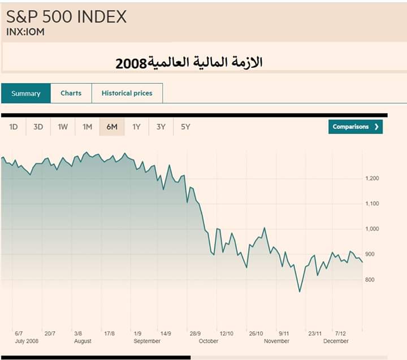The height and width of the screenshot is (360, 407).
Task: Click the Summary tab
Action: click(26, 93)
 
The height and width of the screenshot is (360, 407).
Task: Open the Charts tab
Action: click(71, 93)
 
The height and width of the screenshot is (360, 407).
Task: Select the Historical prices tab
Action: click(127, 93)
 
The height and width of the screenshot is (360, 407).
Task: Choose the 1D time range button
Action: click(14, 127)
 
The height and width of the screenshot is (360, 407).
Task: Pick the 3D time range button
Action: click(38, 127)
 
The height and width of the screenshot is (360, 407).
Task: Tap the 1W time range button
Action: click(63, 127)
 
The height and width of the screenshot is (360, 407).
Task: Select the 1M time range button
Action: click(87, 127)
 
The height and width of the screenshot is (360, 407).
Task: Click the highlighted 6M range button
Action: click(112, 127)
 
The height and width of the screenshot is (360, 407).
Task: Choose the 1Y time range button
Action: click(136, 127)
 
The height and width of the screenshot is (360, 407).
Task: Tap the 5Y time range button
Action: click(185, 127)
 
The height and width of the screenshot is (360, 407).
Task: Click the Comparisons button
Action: click(355, 127)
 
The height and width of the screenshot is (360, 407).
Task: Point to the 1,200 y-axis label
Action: click(373, 178)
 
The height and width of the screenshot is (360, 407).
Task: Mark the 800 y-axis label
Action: click(370, 280)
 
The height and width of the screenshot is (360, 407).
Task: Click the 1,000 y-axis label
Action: click(373, 229)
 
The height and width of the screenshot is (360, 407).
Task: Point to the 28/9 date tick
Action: click(196, 333)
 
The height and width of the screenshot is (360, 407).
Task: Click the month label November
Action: click(277, 341)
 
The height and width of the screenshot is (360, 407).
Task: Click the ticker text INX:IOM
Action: click(25, 32)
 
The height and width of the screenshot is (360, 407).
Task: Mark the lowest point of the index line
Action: click(300, 292)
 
